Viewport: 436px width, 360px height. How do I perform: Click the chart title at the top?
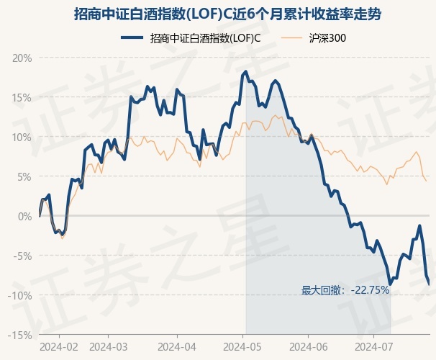click(227, 14)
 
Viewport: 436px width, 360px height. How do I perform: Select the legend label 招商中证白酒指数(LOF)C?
click(205, 38)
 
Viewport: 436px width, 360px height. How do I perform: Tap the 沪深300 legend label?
click(327, 38)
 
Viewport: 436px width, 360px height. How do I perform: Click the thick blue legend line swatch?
click(132, 38)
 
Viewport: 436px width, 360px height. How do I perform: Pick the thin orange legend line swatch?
click(291, 38)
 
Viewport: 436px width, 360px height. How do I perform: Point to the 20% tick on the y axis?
click(22, 58)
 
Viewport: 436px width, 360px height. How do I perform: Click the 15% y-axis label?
click(22, 98)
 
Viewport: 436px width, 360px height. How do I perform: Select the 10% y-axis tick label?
click(22, 137)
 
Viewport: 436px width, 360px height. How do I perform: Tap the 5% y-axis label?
click(24, 176)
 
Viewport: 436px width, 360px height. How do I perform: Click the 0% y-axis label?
click(24, 216)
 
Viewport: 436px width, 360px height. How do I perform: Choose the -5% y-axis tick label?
click(22, 256)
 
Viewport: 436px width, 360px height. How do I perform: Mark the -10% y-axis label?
click(20, 295)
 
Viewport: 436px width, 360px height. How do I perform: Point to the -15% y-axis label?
click(20, 336)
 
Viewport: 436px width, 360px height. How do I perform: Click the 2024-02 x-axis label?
click(59, 347)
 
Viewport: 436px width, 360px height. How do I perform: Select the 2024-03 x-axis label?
click(109, 347)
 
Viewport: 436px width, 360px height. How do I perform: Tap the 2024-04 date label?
click(177, 347)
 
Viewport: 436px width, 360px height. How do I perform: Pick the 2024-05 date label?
click(242, 347)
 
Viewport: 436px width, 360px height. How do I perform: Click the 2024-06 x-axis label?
click(309, 347)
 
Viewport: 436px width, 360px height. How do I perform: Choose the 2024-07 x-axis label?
click(374, 347)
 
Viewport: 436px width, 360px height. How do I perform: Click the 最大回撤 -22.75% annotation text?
click(345, 290)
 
